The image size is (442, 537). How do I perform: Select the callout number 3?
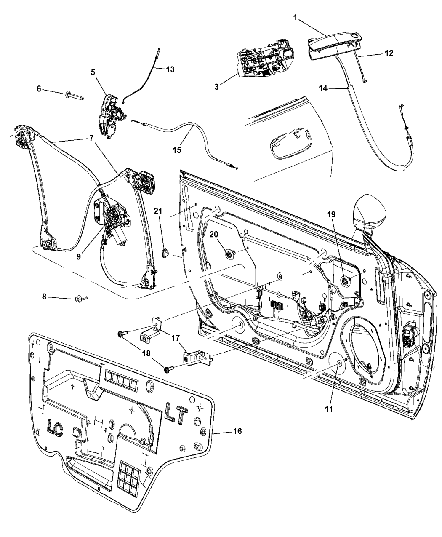tap(216, 86)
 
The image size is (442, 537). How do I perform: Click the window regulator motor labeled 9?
tap(114, 219)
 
